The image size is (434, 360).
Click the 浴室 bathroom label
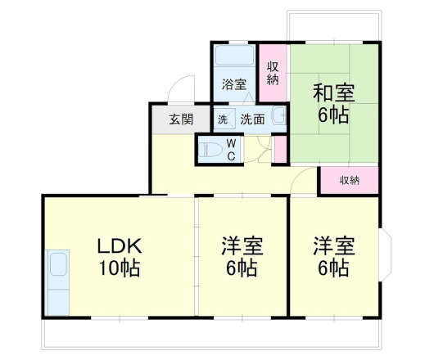pyautogui.click(x=235, y=83)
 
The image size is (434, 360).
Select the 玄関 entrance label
pyautogui.click(x=181, y=119)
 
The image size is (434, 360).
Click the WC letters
pyautogui.click(x=231, y=149)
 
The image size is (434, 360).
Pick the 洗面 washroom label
pyautogui.click(x=252, y=119)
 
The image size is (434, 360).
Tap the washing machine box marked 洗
pyautogui.click(x=223, y=119)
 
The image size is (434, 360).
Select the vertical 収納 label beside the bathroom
pyautogui.click(x=273, y=73)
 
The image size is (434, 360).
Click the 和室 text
pyautogui.click(x=334, y=92)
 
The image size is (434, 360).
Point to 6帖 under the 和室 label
pyautogui.click(x=334, y=115)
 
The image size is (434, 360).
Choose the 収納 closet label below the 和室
pyautogui.click(x=350, y=181)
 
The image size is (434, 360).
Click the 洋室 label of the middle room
pyautogui.click(x=242, y=245)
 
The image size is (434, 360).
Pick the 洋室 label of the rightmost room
pyautogui.click(x=334, y=245)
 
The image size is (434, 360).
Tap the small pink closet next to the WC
pyautogui.click(x=280, y=149)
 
